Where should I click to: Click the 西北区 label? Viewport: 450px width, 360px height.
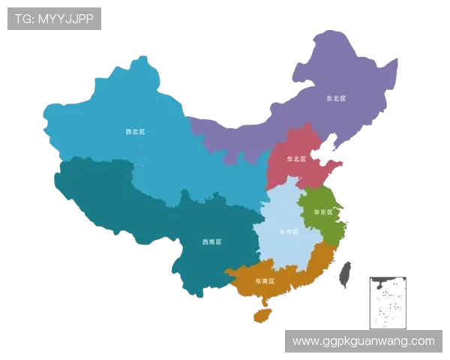click(135, 131)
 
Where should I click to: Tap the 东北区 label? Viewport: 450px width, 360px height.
click(335, 98)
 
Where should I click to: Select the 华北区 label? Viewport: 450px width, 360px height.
click(297, 159)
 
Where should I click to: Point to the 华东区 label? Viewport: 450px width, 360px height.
click(323, 212)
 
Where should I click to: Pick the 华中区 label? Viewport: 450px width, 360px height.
click(288, 232)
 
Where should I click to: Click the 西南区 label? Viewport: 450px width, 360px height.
click(212, 242)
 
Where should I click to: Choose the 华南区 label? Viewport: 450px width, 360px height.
click(265, 280)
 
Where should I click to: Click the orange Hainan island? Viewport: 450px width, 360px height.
click(262, 314)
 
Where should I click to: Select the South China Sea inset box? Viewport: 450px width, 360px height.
click(386, 302)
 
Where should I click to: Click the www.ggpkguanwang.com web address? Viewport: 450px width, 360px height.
click(363, 341)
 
